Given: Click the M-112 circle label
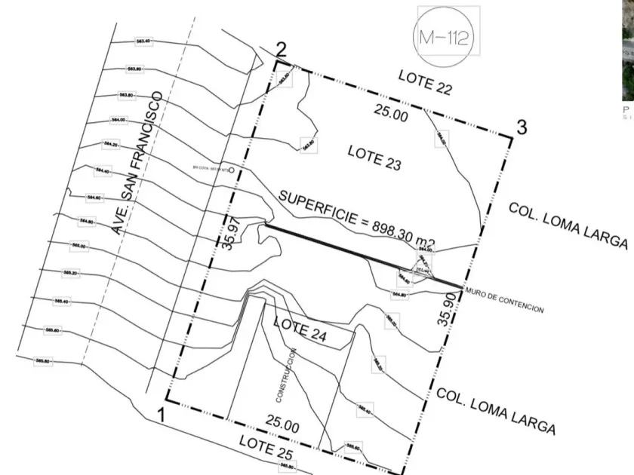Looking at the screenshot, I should click(x=447, y=35).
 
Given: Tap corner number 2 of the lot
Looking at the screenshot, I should click(x=281, y=51).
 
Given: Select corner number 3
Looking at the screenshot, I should click(x=521, y=127).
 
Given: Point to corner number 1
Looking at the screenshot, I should click(x=159, y=414).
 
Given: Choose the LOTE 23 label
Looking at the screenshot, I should click(x=374, y=158).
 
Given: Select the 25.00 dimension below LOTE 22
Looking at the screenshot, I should click(x=392, y=115).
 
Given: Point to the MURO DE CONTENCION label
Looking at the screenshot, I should click(x=504, y=300).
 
